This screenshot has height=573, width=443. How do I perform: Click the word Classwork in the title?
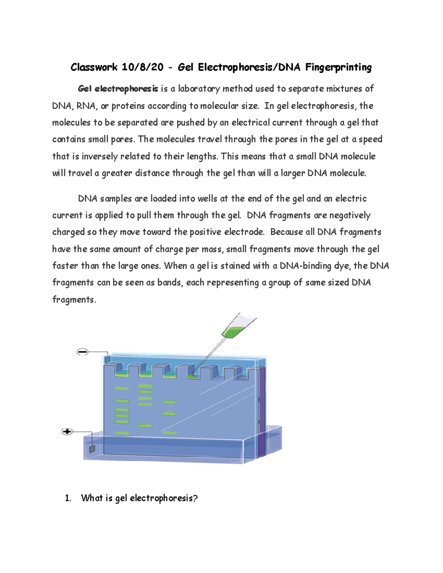[x=94, y=67]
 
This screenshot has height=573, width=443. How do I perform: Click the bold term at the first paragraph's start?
[x=118, y=89]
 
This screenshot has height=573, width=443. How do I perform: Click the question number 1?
[x=68, y=498]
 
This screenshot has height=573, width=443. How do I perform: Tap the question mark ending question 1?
[x=195, y=498]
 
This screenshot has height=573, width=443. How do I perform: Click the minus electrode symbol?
[x=82, y=352]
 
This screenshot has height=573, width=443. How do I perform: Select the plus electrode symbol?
[x=67, y=431]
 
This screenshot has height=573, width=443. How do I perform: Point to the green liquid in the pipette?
[x=232, y=332]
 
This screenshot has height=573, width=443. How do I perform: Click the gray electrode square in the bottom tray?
[x=92, y=449]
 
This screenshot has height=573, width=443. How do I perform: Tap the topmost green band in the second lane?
[x=145, y=386]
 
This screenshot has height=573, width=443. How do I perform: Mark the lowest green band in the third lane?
[x=169, y=433]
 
